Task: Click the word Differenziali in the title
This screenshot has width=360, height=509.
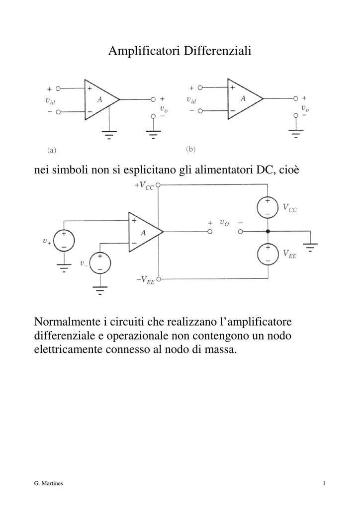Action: pos(217,51)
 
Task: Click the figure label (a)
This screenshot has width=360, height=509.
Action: pos(52,150)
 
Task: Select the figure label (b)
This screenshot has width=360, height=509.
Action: pos(190,149)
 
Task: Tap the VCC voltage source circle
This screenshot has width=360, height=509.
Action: pos(268,207)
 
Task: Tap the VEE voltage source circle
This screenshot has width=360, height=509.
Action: pos(268,254)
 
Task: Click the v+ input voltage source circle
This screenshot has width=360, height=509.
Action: pos(64,241)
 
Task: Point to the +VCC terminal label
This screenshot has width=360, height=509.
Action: pos(144,186)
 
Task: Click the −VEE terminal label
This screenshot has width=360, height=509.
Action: pos(145,280)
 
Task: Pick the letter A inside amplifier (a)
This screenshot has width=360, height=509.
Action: pos(99,99)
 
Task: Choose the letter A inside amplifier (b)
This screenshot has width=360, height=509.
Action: pos(243,99)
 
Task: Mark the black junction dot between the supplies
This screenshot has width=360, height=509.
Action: pos(268,232)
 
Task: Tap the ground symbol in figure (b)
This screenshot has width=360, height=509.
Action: pos(296,133)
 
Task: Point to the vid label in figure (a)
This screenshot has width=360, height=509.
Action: pos(50,101)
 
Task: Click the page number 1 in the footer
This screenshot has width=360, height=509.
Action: pos(324,483)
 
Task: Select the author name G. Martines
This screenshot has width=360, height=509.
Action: pos(48,483)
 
